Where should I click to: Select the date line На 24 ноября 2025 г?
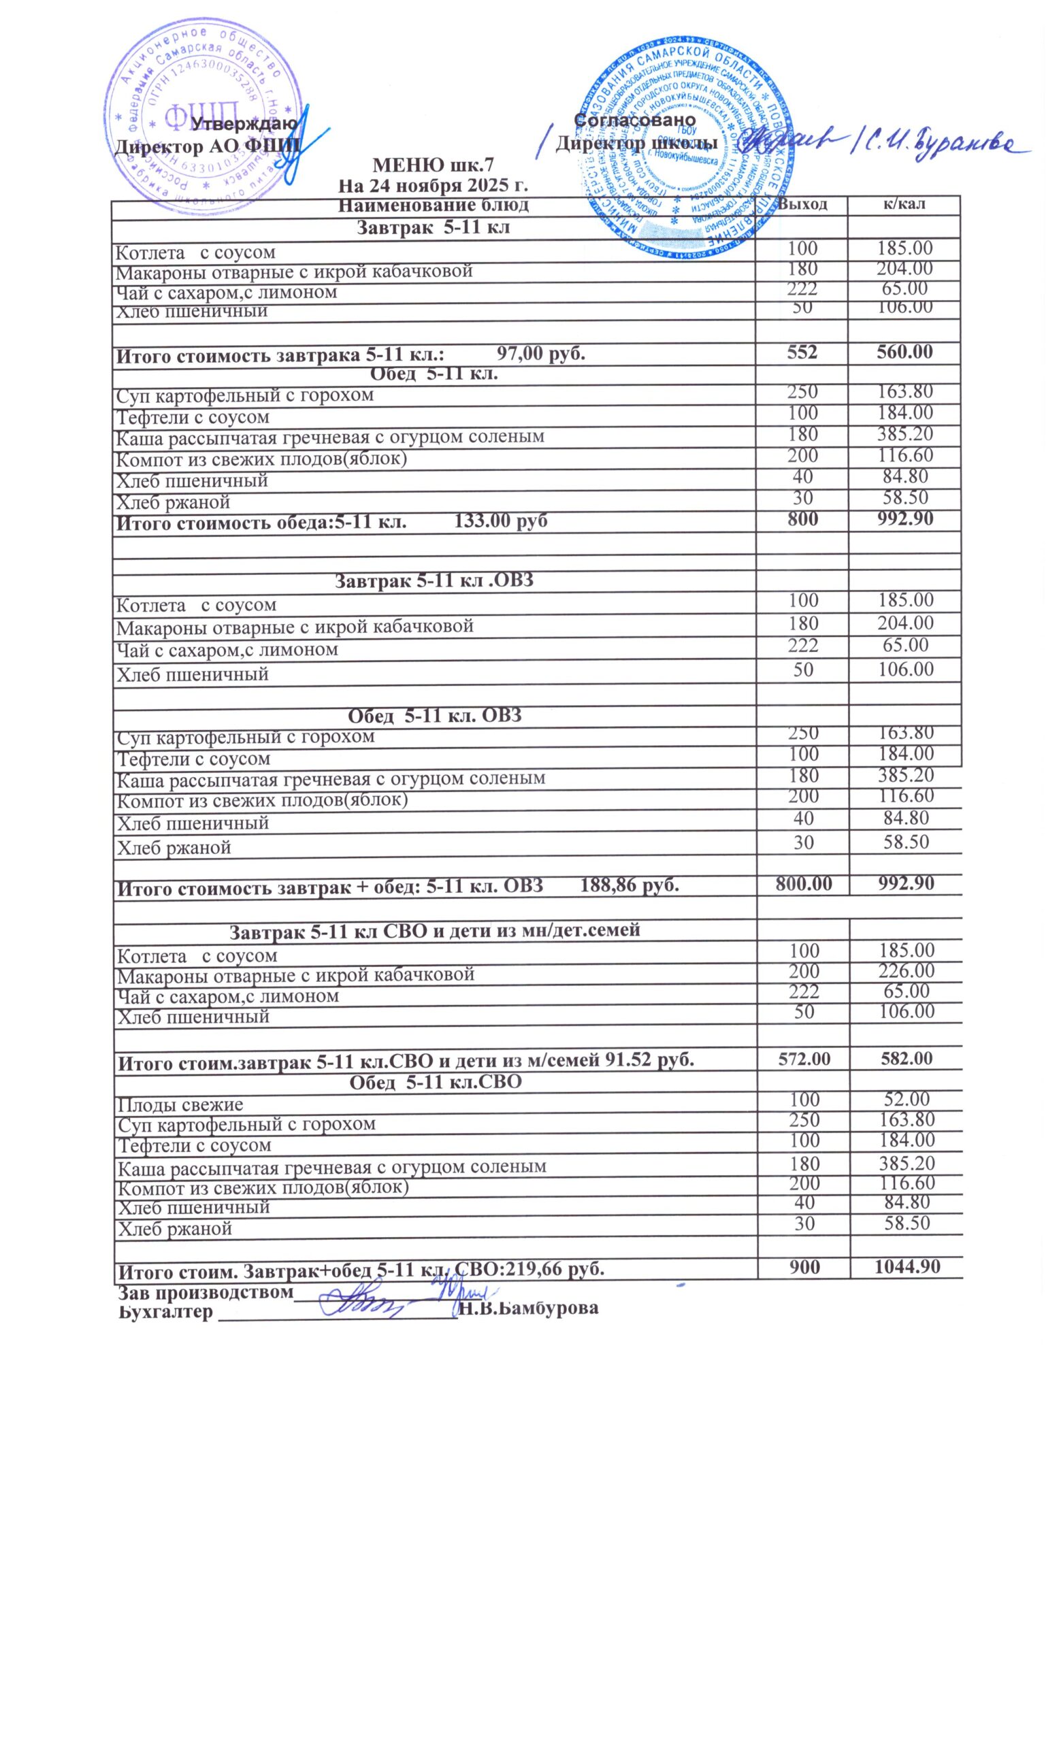coord(433,186)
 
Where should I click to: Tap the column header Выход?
coord(802,204)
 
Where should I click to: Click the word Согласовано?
coord(635,120)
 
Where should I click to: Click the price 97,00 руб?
coord(541,352)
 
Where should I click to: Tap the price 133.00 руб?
coord(500,521)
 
